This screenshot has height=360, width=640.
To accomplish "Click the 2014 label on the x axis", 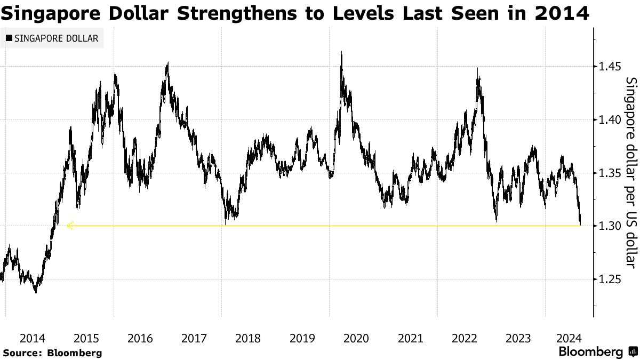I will click(32, 338).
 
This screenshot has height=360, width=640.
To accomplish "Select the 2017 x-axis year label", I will click(194, 338).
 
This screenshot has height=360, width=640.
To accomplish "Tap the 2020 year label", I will click(356, 338).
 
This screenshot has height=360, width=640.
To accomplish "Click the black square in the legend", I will click(9, 38).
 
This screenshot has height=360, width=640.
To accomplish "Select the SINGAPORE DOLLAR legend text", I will click(56, 38).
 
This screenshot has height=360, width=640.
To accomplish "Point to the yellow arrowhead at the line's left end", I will click(70, 226).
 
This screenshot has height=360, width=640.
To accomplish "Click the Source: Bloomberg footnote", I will click(52, 353).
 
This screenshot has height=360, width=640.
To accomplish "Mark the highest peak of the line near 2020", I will click(341, 52).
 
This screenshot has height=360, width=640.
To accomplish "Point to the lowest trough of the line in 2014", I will click(36, 292).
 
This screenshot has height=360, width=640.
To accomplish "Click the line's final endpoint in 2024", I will click(580, 225).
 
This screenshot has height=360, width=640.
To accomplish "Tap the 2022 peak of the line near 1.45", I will click(478, 69).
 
